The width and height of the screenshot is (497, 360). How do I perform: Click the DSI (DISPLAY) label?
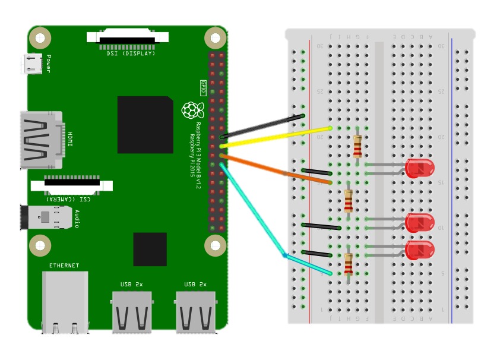tap(131, 53)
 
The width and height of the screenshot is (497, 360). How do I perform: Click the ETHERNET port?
tap(65, 300)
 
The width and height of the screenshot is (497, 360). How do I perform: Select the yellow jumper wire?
tap(276, 137)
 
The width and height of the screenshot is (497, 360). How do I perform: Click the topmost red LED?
tap(420, 168)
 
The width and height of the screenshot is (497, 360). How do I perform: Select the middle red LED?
tap(420, 223)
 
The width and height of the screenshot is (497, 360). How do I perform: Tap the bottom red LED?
tap(420, 250)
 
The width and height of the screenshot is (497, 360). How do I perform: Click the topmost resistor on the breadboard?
tap(357, 146)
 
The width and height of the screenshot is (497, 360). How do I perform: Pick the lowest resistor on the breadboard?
tap(349, 264)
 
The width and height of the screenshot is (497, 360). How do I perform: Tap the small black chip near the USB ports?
tap(150, 249)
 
